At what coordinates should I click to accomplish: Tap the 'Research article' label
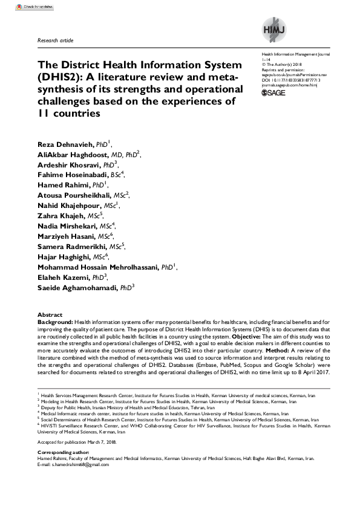tap(56, 41)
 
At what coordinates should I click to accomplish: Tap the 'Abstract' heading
tap(50, 316)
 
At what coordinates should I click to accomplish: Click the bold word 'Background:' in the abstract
tap(55, 323)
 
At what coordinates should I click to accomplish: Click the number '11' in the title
tap(46, 113)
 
